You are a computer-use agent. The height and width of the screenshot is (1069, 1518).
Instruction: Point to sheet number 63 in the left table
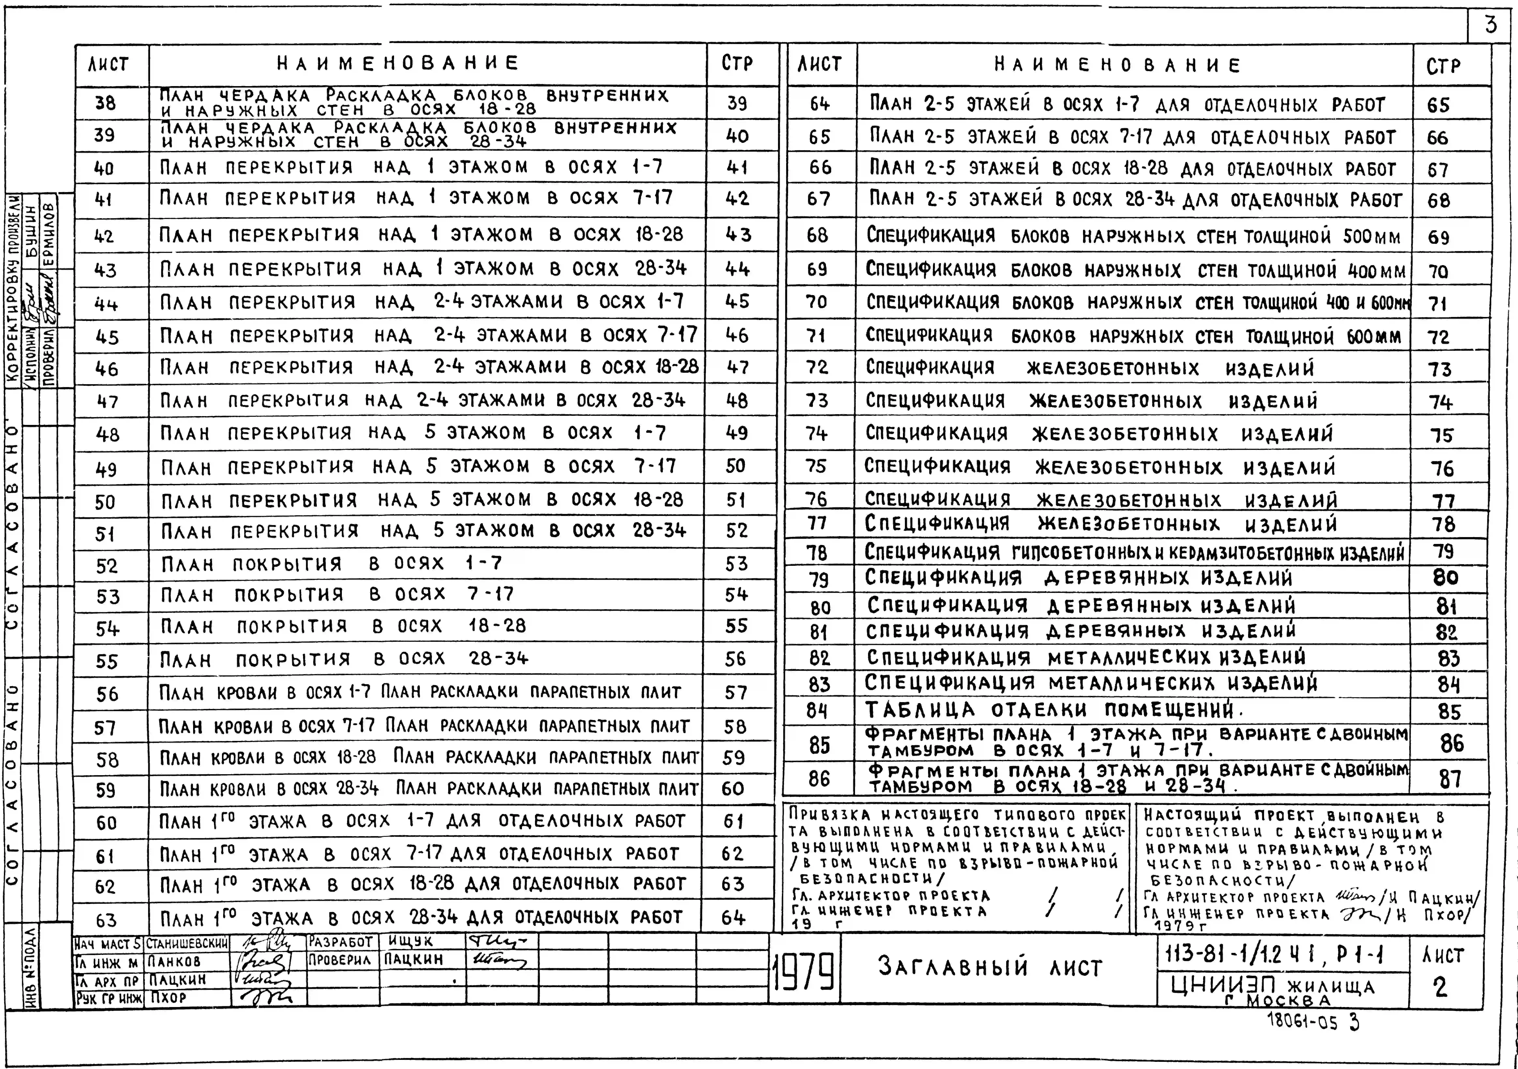(107, 920)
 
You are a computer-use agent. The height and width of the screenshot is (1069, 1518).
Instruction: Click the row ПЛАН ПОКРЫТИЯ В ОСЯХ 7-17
(338, 594)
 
